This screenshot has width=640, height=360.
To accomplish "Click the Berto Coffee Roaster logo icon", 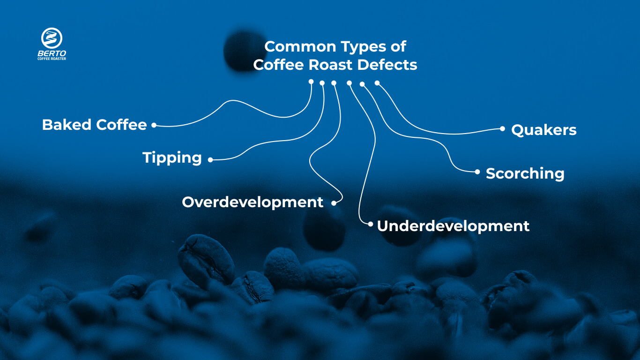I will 52,37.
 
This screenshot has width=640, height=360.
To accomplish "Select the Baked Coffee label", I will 94,125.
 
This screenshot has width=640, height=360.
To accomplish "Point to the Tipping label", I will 172,158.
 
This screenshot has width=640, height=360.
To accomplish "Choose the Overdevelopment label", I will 253,202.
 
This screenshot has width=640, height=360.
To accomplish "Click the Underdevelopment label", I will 453,226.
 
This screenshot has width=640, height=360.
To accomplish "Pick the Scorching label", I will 525,173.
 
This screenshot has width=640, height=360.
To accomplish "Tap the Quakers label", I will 543,130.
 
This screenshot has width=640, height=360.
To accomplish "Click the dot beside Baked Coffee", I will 153,125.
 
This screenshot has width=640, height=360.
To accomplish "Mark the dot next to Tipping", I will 210,160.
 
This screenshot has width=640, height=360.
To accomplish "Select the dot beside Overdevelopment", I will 334,203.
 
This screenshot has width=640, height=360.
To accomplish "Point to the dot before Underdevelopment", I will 371,224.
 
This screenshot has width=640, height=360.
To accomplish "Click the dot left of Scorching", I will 477,172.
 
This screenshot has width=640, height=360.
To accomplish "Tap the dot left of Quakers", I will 502,128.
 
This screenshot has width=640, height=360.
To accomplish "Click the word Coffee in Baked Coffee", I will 121,125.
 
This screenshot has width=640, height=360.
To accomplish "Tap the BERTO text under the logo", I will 52,53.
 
